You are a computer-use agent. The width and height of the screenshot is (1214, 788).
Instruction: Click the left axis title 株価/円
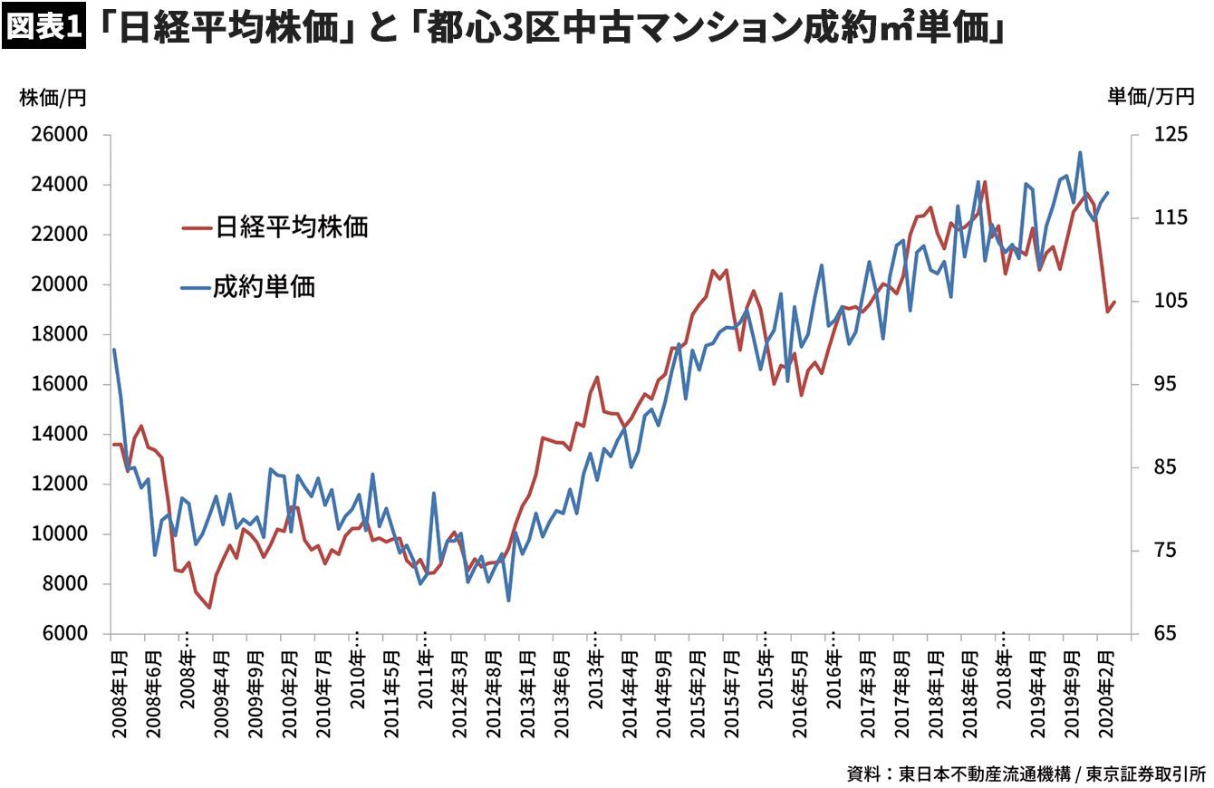tap(53, 98)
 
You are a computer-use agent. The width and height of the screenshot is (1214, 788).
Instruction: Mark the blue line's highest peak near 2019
tap(1080, 153)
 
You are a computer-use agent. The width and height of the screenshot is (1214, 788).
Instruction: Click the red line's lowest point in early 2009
tap(209, 608)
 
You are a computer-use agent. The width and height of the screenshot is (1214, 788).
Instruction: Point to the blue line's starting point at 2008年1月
tap(114, 350)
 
